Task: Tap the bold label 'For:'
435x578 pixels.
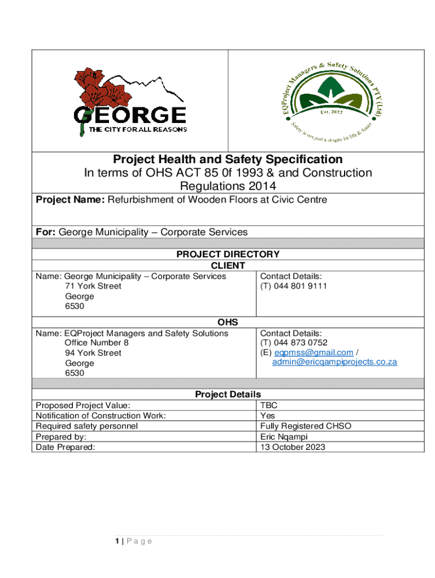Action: click(46, 232)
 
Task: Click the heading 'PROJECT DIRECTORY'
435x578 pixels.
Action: click(228, 255)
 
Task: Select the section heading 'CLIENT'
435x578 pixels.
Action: click(228, 265)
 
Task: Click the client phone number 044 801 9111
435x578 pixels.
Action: click(293, 286)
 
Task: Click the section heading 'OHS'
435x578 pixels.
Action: click(228, 322)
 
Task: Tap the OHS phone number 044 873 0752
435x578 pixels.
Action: click(293, 343)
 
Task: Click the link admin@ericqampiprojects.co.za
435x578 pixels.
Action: click(334, 362)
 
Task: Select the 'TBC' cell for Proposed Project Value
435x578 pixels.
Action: click(269, 405)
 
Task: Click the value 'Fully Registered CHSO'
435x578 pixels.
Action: click(306, 426)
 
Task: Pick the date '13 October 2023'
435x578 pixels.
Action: click(293, 447)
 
